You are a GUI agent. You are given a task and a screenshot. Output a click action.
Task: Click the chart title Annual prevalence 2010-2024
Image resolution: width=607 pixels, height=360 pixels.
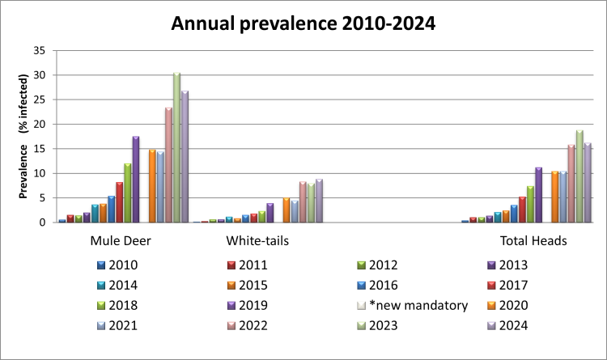[303, 23]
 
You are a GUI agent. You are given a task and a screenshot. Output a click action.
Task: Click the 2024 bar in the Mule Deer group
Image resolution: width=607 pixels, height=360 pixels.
[185, 157]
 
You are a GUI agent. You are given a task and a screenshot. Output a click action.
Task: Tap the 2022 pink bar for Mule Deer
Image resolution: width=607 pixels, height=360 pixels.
[168, 165]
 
